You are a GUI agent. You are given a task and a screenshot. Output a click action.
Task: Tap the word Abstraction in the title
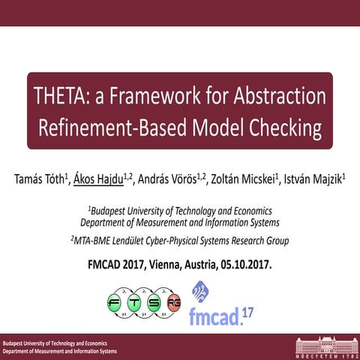(x=271, y=97)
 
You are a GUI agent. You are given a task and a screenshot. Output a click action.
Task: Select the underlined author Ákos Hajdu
(x=106, y=180)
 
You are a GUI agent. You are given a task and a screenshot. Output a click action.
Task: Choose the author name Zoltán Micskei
(x=241, y=180)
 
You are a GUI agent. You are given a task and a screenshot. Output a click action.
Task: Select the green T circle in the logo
(x=139, y=304)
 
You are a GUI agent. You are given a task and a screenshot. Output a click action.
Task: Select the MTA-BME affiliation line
(x=179, y=241)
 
